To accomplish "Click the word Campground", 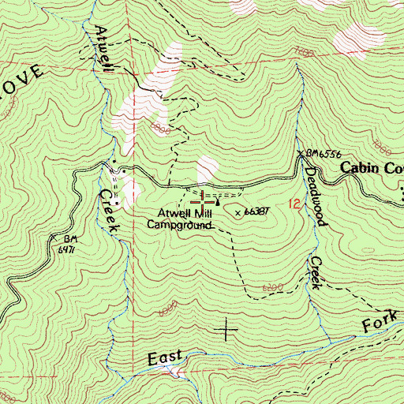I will (180, 224).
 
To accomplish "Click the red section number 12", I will (294, 204).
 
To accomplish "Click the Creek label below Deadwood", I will (316, 272).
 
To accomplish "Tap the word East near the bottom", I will (165, 357).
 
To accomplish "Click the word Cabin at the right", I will (357, 168).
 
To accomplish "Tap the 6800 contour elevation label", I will (159, 126).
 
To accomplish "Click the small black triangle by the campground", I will (218, 203).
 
